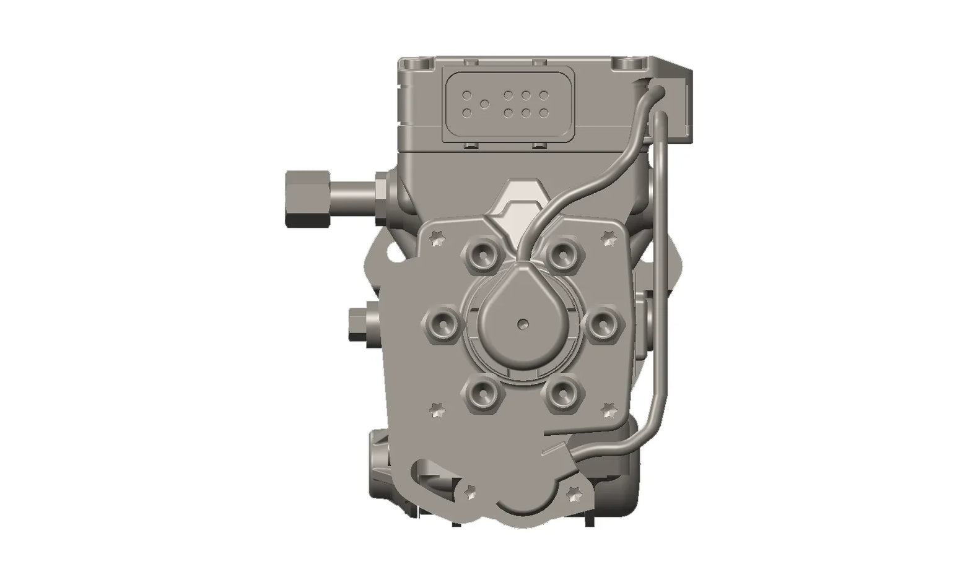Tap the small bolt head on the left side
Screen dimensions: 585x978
click(x=358, y=325)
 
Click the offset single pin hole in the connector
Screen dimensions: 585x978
click(x=485, y=103)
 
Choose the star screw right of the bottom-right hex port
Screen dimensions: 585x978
click(x=608, y=409)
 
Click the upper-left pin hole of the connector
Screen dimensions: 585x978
click(x=468, y=95)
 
